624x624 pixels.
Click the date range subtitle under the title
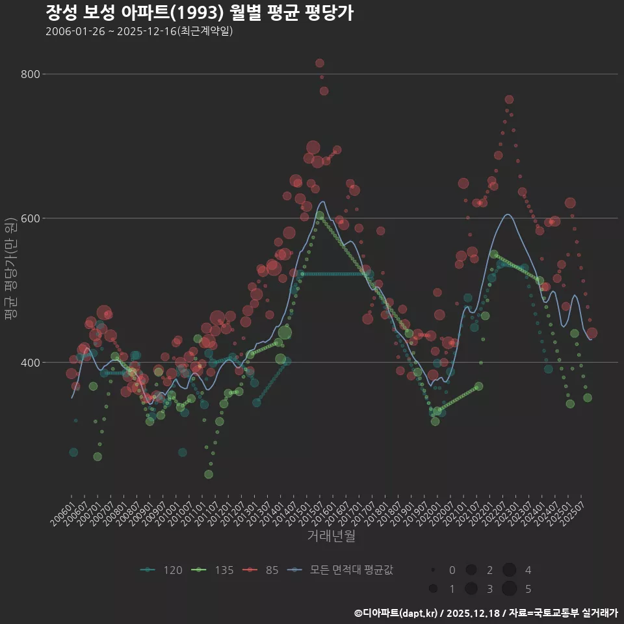pyautogui.click(x=139, y=31)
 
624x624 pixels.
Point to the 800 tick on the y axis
pyautogui.click(x=30, y=74)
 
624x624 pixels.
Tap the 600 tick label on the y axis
pyautogui.click(x=30, y=218)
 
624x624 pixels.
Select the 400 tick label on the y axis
pyautogui.click(x=30, y=363)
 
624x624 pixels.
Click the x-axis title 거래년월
pyautogui.click(x=331, y=536)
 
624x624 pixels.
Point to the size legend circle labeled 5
pyautogui.click(x=509, y=589)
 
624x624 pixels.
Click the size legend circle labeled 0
pyautogui.click(x=432, y=570)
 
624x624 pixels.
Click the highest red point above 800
pyautogui.click(x=320, y=63)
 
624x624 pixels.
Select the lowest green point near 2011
pyautogui.click(x=209, y=474)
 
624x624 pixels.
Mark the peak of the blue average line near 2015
pyautogui.click(x=322, y=201)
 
